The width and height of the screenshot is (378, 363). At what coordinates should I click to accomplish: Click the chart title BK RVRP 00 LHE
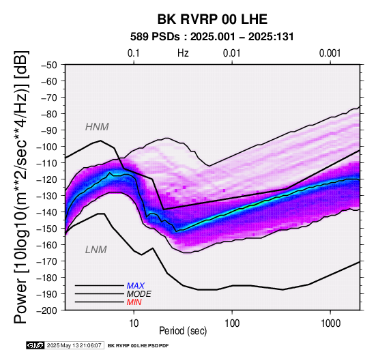pyautogui.click(x=212, y=19)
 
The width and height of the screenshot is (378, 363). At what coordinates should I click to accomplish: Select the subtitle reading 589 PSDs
pyautogui.click(x=155, y=37)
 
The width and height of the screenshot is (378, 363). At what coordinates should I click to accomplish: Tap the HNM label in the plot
pyautogui.click(x=97, y=127)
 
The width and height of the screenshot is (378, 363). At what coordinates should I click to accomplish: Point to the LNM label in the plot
pyautogui.click(x=96, y=250)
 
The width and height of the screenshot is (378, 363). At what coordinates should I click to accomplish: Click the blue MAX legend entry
pyautogui.click(x=136, y=286)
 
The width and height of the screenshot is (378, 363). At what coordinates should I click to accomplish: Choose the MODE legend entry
pyautogui.click(x=139, y=294)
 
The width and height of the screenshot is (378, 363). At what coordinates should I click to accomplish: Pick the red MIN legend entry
pyautogui.click(x=134, y=302)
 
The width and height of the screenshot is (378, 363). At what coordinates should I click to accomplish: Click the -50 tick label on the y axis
pyautogui.click(x=49, y=65)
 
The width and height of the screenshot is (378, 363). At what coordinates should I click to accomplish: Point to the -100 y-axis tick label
pyautogui.click(x=47, y=147)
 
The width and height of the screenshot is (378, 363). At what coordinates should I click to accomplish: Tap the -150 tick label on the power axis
pyautogui.click(x=47, y=229)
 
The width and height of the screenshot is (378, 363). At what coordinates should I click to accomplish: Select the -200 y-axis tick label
pyautogui.click(x=47, y=310)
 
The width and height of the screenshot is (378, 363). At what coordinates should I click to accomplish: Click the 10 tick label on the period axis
pyautogui.click(x=134, y=323)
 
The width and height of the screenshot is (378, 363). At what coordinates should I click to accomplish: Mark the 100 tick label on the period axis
pyautogui.click(x=232, y=323)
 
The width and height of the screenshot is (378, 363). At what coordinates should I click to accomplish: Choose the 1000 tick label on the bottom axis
pyautogui.click(x=330, y=323)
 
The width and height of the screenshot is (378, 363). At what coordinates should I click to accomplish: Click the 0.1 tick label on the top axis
pyautogui.click(x=134, y=53)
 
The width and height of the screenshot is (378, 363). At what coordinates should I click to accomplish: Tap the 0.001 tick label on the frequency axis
pyautogui.click(x=330, y=53)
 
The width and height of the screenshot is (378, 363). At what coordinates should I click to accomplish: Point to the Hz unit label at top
pyautogui.click(x=183, y=53)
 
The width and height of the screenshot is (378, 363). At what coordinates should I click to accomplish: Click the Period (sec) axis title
pyautogui.click(x=183, y=331)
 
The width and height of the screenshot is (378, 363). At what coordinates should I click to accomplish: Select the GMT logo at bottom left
pyautogui.click(x=35, y=345)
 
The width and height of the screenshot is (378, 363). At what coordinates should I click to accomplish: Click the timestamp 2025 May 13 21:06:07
pyautogui.click(x=74, y=345)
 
